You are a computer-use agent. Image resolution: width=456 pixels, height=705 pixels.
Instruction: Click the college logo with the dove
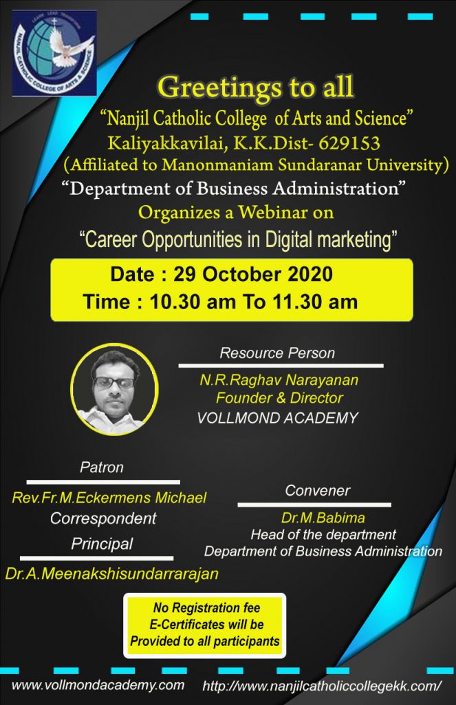coord(54,52)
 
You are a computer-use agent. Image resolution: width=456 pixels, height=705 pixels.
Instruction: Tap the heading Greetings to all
coord(255,87)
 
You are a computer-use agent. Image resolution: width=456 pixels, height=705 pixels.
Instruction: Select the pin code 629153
coord(349,143)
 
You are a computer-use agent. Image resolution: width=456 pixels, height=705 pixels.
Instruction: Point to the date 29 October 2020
coord(253,274)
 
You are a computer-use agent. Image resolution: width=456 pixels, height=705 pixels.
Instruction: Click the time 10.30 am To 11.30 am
coord(253,302)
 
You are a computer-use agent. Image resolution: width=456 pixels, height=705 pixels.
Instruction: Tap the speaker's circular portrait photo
coord(114,389)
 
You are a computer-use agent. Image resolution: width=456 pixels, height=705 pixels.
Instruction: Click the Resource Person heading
coord(277,353)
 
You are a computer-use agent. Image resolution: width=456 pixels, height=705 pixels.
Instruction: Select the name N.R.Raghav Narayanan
coord(279,380)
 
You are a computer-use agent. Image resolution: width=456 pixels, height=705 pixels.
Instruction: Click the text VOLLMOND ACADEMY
coord(277,418)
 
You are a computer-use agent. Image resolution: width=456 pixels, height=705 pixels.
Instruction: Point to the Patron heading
coord(102,467)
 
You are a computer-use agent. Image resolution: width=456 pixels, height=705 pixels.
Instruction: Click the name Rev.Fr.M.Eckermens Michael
coord(109,498)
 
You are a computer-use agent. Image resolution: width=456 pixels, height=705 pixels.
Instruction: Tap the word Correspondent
coord(103,518)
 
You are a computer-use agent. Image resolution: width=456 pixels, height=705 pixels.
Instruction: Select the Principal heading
coord(102,544)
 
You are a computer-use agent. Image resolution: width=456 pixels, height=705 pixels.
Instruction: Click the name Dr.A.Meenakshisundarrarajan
coord(112,574)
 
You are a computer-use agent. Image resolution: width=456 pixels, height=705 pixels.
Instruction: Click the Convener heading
coord(317,490)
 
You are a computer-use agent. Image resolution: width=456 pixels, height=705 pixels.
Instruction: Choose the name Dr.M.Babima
coord(323,518)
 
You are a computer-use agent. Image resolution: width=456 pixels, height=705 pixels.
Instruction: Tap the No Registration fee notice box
coord(205,625)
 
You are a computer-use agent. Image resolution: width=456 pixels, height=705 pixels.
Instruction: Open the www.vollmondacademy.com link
coord(98,685)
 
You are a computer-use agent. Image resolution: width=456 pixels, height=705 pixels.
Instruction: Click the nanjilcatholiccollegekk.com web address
coord(322,686)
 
